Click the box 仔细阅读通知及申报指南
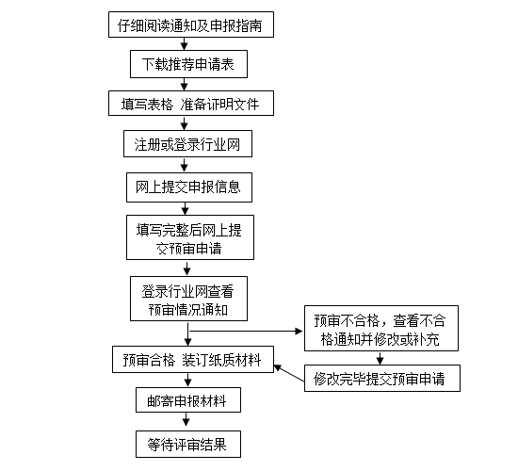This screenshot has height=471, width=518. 191,24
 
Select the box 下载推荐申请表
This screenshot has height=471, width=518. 188,64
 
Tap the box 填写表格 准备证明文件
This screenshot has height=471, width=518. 191,104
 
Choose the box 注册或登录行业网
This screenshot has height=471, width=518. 187,144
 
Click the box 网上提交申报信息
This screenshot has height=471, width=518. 189,187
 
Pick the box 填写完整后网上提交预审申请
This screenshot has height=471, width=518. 190,237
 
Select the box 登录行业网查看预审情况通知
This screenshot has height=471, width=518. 188,299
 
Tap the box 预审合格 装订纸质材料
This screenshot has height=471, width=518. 193,360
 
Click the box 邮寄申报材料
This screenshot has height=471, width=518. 188,400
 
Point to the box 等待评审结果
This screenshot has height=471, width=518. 188,445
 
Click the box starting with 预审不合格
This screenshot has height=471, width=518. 381,328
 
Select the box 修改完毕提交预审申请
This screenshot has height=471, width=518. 382,379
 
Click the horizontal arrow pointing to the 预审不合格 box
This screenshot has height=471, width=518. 246,331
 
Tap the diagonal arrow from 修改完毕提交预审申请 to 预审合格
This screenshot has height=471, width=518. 289,373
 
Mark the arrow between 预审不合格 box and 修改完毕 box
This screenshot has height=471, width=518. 380,358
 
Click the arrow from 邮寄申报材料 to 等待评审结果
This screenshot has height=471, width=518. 186,421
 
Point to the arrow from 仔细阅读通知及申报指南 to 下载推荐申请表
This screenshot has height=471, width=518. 185,43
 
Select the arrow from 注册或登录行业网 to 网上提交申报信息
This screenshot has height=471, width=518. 185,165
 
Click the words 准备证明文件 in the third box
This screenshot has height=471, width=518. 219,105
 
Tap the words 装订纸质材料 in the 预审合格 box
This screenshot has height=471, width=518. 221,360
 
